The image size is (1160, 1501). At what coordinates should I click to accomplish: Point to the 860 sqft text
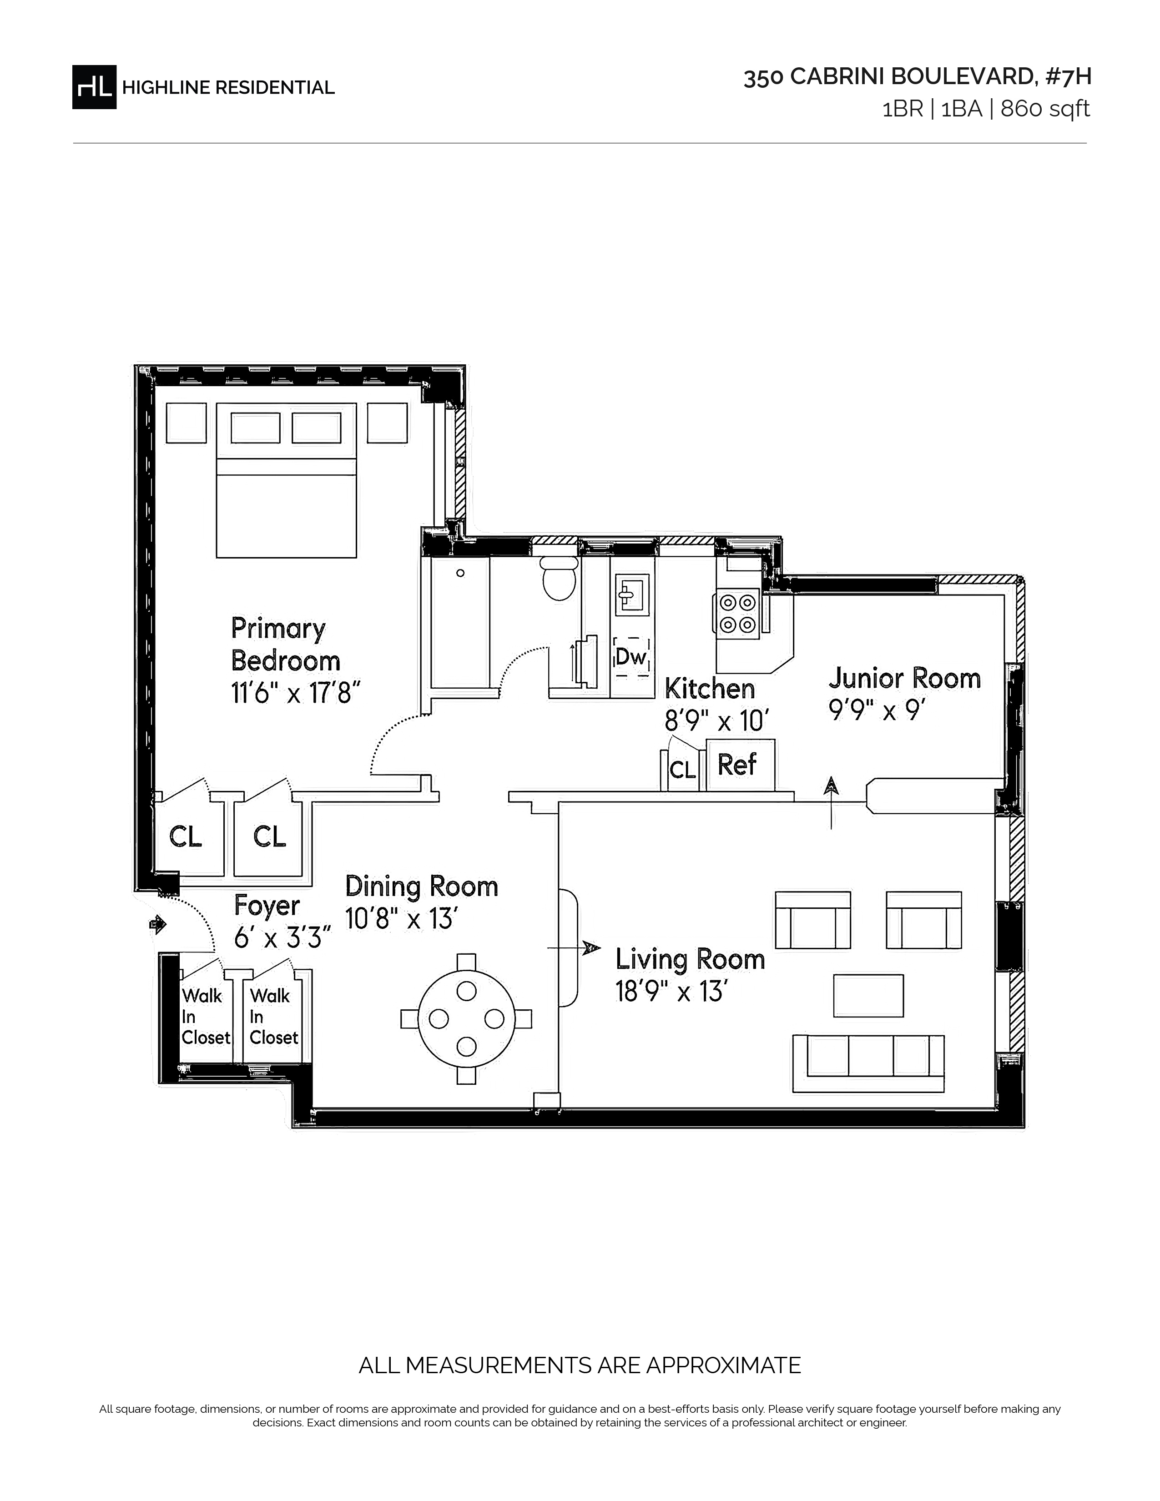1045,109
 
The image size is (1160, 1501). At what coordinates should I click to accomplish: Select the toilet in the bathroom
559,578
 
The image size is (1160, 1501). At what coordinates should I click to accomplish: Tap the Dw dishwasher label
631,657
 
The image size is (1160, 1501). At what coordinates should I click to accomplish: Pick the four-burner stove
738,614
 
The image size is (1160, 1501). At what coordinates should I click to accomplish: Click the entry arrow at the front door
158,925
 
